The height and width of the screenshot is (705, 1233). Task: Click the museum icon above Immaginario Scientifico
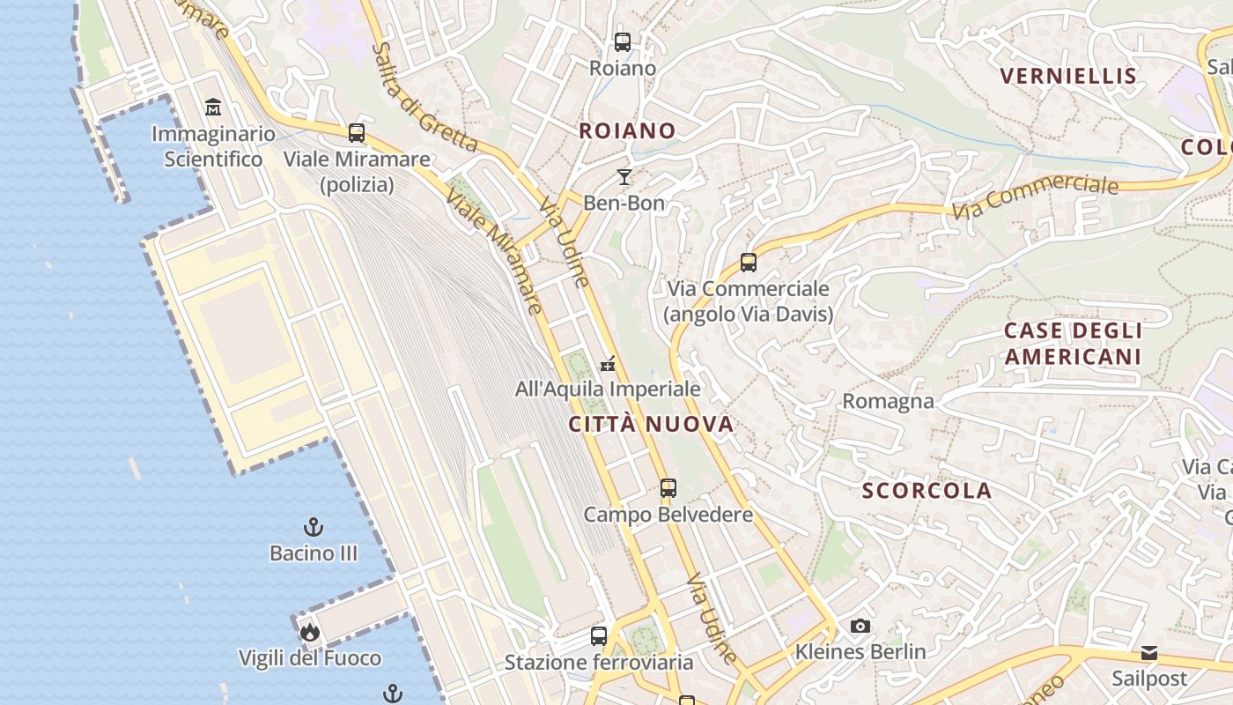pos(213,108)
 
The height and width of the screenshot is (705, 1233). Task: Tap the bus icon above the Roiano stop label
pos(623,41)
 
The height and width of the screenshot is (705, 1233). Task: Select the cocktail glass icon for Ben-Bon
pos(624,177)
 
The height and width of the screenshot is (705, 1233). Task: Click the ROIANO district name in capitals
pos(627,131)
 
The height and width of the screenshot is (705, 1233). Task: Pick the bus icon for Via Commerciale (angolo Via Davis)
pos(749,262)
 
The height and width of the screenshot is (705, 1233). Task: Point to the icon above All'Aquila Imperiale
pos(608,363)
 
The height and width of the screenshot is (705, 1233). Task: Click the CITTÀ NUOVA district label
pos(651,425)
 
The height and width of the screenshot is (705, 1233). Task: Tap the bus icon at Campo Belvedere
pos(668,487)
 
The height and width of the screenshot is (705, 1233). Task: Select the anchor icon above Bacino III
pos(314,527)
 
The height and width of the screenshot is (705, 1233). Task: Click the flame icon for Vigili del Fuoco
pos(309,632)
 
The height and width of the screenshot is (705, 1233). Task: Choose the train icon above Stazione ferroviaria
pos(599,635)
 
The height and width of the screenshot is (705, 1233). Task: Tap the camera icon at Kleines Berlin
pos(860,626)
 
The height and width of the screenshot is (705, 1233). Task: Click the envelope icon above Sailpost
pos(1149,653)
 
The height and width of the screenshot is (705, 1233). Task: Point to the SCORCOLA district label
pos(927,491)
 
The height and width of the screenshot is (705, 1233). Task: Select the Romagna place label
pos(888,401)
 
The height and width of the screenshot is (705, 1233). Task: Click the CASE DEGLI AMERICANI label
pos(1074,344)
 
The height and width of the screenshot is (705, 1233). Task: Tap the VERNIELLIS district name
pos(1069,76)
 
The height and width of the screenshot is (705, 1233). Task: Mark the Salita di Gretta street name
pos(424,97)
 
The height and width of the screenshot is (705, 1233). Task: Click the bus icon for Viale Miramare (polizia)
pos(357,133)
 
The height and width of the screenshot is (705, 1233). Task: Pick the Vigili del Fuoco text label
pos(310,658)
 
